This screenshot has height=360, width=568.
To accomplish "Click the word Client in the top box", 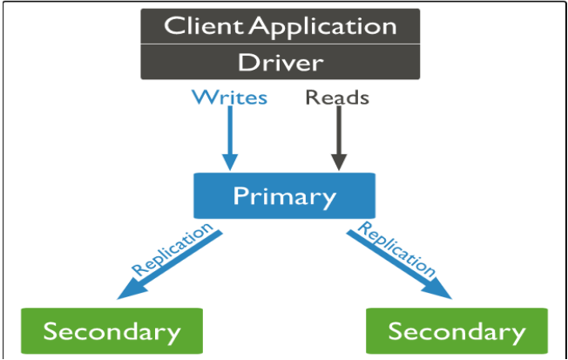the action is [204, 26].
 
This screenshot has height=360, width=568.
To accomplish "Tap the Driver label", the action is [281, 63].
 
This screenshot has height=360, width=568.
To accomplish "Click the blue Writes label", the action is [230, 97].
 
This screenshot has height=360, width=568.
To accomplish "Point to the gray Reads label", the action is [337, 97].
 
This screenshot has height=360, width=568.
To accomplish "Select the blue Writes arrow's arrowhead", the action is [230, 161].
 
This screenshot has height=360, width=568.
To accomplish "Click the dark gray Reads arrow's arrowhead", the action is [339, 161].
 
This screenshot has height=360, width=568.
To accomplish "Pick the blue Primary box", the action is [284, 196].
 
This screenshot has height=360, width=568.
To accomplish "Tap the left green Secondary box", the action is [112, 330].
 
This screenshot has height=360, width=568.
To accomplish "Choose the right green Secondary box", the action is [456, 330].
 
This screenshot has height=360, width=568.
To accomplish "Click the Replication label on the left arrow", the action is [172, 249].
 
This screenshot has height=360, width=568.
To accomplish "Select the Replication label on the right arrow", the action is [396, 249].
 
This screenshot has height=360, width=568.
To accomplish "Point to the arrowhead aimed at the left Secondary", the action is [131, 290].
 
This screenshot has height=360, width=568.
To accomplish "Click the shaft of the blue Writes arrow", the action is [230, 130].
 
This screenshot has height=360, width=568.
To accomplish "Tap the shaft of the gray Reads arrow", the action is [339, 130].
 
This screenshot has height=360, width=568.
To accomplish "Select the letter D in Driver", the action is [247, 63].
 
